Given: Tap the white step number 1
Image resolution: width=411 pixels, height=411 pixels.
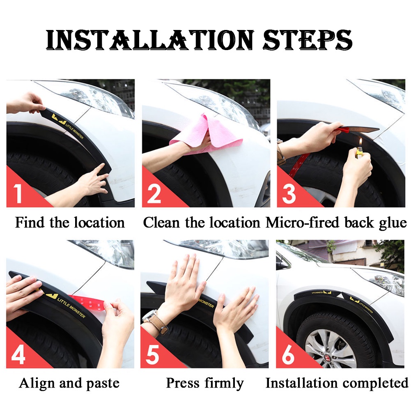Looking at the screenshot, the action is pos(18,193).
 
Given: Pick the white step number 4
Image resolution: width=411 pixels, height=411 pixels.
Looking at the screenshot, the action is pos(18,354).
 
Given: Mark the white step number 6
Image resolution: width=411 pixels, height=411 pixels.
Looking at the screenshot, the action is pos(288,354).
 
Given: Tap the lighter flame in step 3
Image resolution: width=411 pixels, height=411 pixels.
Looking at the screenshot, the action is pos(361,143).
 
